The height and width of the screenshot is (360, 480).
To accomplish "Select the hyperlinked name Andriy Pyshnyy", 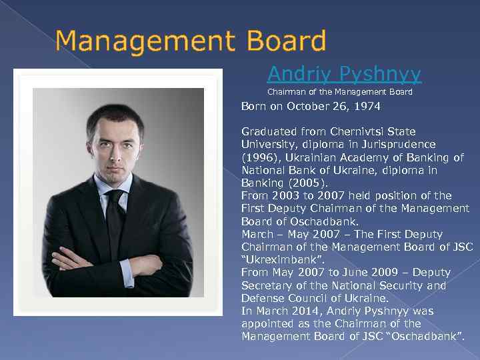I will click(x=344, y=73).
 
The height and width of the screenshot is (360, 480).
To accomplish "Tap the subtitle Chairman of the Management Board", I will click(x=340, y=92).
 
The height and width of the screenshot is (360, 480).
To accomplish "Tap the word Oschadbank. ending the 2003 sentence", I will click(x=326, y=221).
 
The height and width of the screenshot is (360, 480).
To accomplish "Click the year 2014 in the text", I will click(x=301, y=311).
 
